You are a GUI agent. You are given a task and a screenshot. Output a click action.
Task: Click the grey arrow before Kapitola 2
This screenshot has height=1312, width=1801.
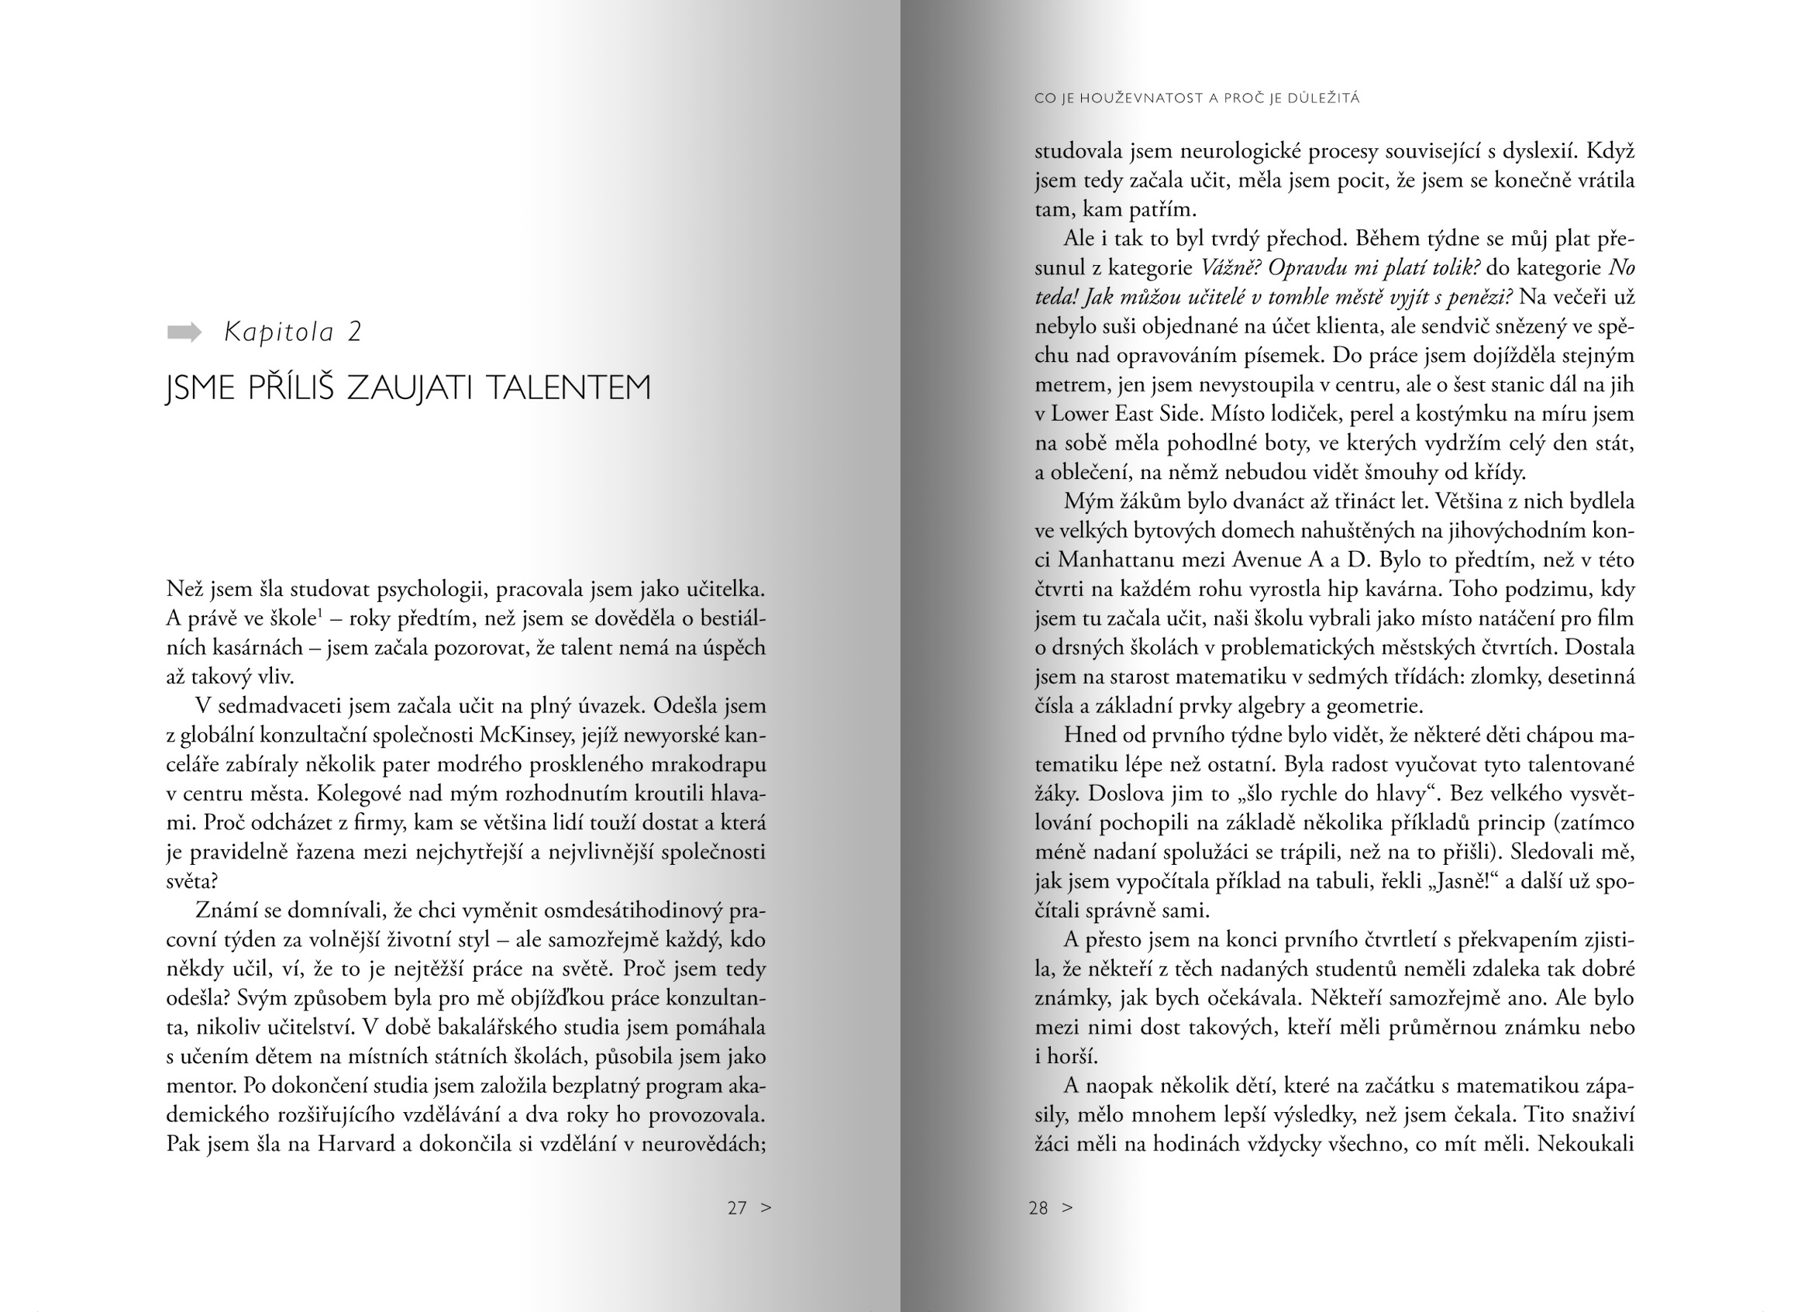point(184,332)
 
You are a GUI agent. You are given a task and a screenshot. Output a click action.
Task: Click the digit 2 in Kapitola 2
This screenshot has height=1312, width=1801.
point(354,332)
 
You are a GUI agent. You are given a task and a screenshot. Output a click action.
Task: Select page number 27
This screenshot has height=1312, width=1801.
point(737,1208)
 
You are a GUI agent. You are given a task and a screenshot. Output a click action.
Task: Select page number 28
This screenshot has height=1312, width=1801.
point(1038,1208)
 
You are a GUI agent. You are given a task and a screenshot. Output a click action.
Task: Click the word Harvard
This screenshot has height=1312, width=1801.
point(356,1145)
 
